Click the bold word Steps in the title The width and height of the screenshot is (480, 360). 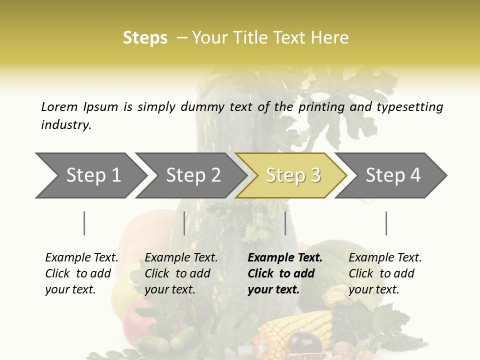point(145,37)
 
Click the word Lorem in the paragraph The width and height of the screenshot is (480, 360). point(59,106)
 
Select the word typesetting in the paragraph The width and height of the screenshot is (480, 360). point(409,107)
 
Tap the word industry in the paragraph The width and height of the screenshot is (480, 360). point(66,124)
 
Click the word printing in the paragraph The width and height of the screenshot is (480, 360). point(319,107)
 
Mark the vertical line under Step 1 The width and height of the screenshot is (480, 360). point(84,223)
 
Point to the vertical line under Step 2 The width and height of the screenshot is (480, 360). point(184,223)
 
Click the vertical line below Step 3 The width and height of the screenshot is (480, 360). point(285,223)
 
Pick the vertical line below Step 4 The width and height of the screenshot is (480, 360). point(386,223)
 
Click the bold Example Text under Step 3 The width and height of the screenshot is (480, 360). point(285,257)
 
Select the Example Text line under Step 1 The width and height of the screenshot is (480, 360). point(81,257)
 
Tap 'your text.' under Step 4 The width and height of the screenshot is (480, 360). point(373,289)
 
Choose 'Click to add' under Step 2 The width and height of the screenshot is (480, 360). point(177,273)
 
